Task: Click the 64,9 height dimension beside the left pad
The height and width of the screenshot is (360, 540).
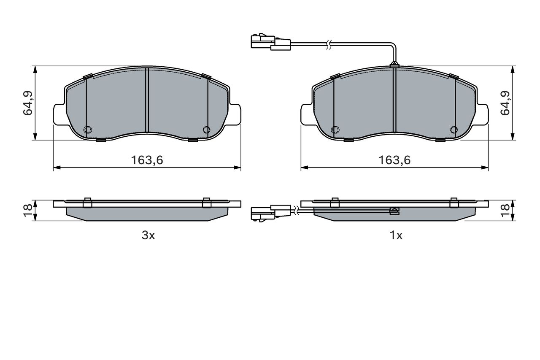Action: click(x=28, y=103)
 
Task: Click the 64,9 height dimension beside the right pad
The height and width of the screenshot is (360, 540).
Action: click(x=505, y=103)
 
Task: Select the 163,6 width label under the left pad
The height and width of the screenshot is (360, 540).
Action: click(x=147, y=160)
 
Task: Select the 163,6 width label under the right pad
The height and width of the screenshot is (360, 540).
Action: click(x=394, y=160)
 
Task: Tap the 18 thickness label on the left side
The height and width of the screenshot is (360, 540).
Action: click(x=28, y=211)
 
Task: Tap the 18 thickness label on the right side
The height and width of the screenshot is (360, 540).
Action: click(x=505, y=211)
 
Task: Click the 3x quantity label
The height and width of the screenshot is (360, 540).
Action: click(x=148, y=235)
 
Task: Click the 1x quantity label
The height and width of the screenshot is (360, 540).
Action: click(x=396, y=235)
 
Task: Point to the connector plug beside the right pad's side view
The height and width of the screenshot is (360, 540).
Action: click(x=271, y=214)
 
